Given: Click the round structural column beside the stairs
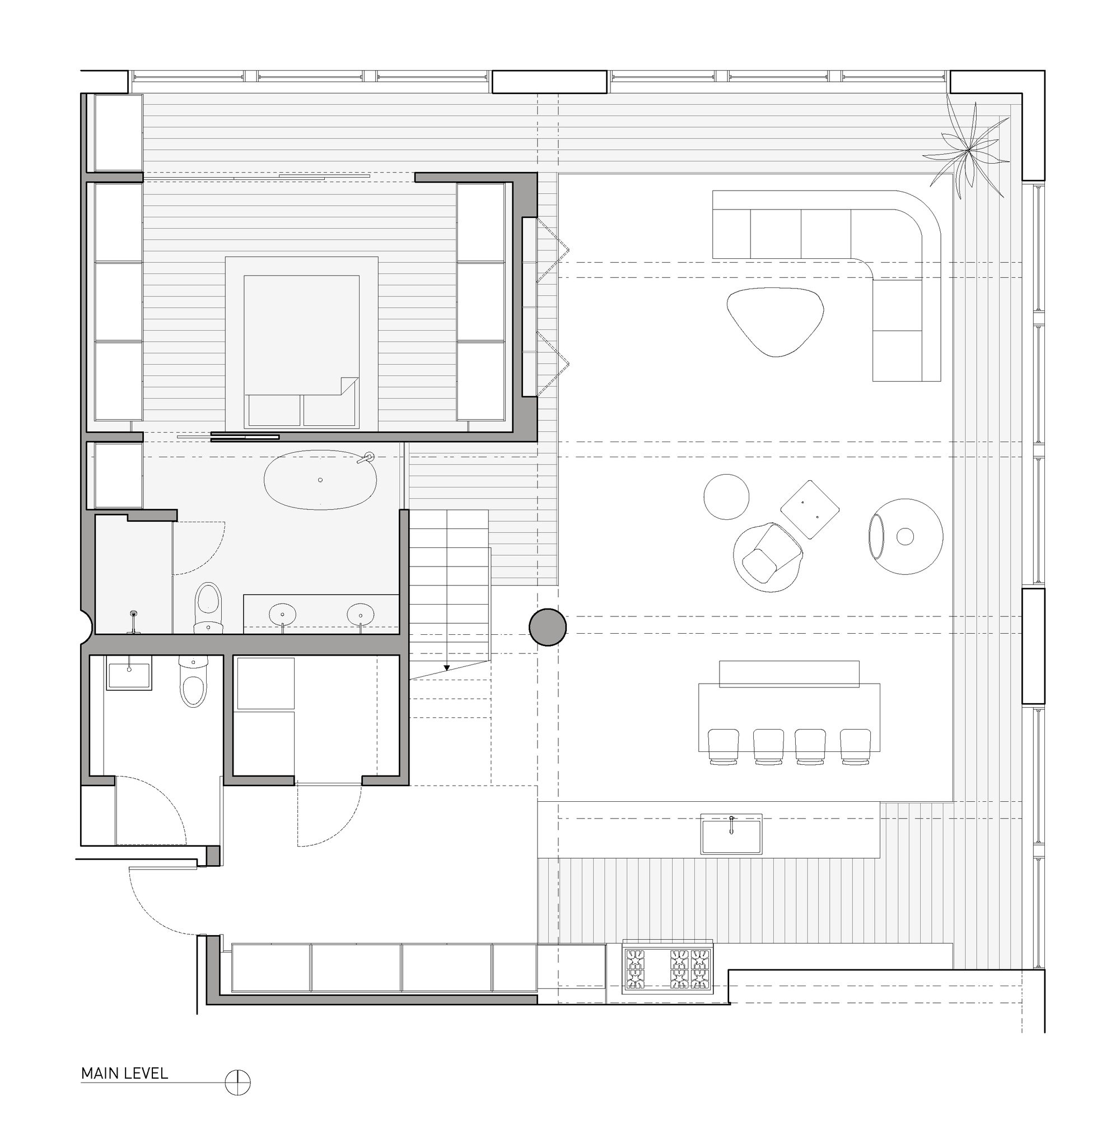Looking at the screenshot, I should tap(547, 627).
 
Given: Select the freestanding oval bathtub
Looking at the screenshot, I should tap(320, 480).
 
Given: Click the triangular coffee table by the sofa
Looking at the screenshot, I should tap(775, 320).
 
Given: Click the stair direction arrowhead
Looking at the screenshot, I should tap(447, 668).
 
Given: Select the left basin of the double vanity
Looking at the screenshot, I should tap(282, 613).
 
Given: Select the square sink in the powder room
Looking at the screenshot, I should tap(128, 673).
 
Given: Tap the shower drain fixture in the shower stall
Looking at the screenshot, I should tap(134, 614).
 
